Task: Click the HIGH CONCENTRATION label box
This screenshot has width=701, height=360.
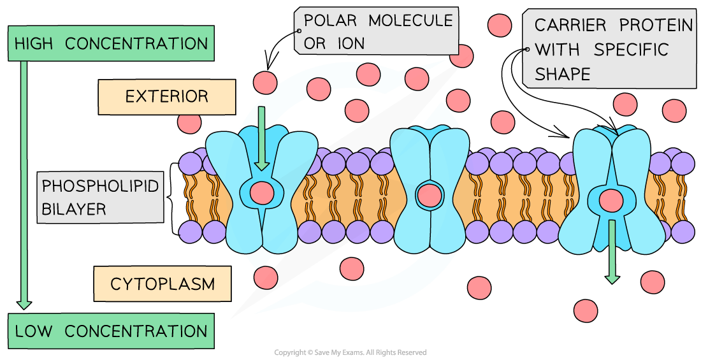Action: (x=111, y=44)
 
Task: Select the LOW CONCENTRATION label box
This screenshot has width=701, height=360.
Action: (x=111, y=331)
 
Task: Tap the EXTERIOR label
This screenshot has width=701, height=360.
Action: (x=166, y=97)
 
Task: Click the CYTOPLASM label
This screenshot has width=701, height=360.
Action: (x=162, y=284)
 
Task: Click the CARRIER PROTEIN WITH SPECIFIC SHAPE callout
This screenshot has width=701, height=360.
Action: (x=609, y=49)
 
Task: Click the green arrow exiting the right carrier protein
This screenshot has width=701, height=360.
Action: (x=612, y=252)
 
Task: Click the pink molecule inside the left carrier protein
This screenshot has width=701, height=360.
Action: (x=261, y=192)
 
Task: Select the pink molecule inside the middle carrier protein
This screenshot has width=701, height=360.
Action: (x=429, y=195)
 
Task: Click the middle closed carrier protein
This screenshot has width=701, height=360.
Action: (x=429, y=191)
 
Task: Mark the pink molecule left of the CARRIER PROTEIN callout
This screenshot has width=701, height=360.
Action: (x=500, y=25)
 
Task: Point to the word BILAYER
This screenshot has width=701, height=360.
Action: (x=70, y=208)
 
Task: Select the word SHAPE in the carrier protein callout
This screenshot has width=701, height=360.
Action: (x=563, y=74)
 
